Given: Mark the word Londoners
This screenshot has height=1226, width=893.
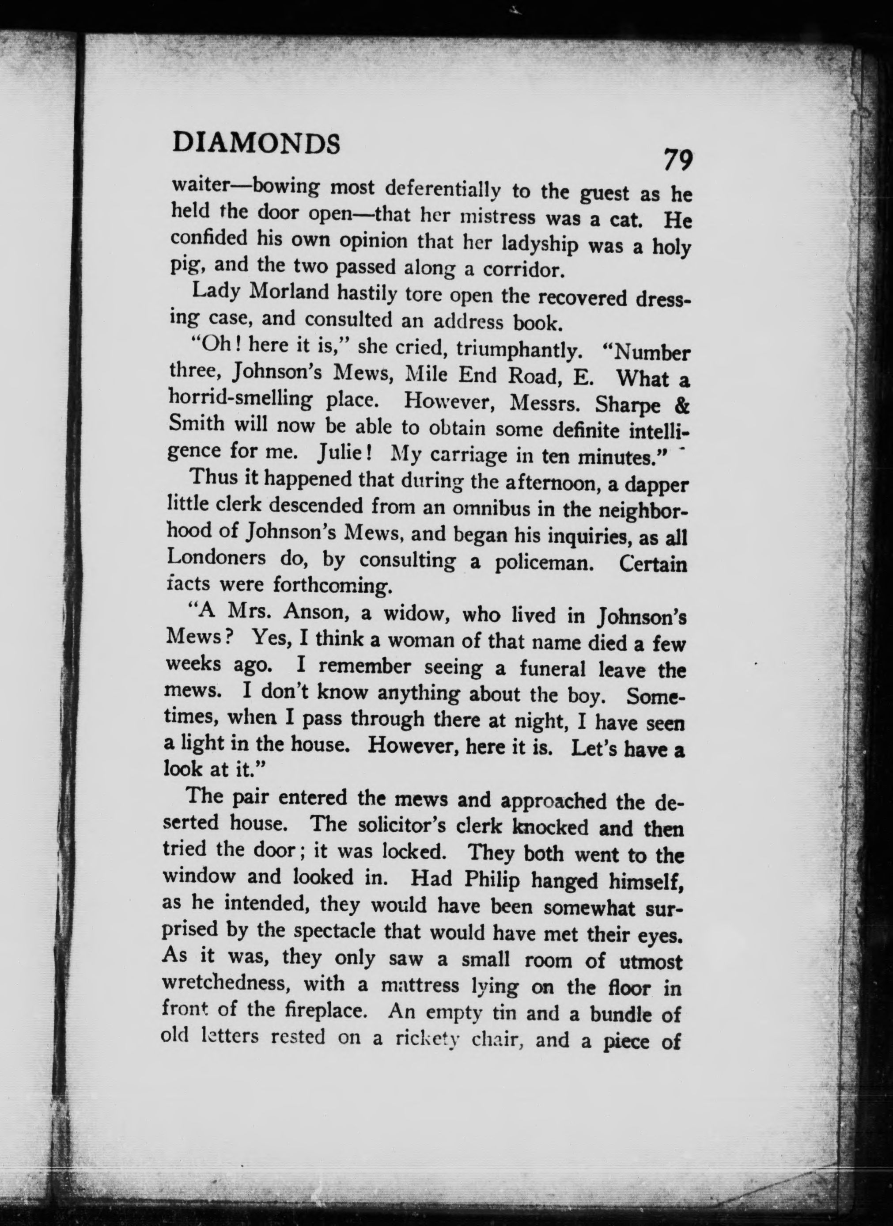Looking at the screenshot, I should click(217, 557).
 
